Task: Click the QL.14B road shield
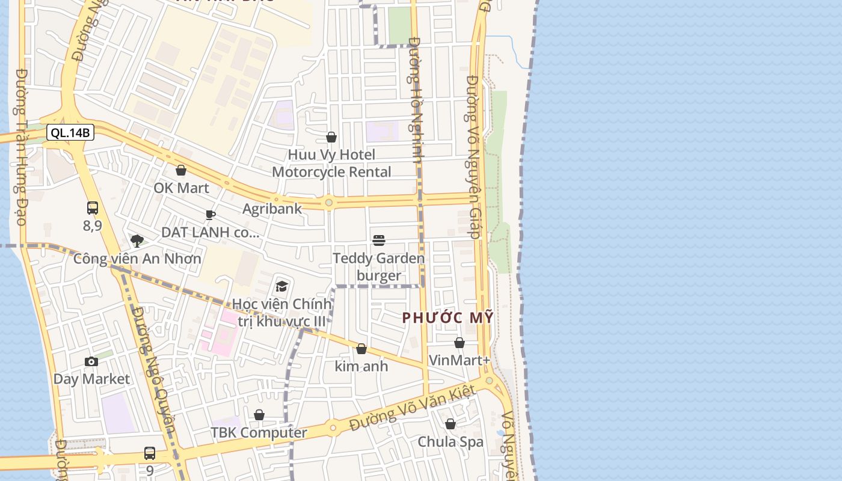coord(70,133)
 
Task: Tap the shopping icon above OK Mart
coord(181,170)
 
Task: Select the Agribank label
coord(272,209)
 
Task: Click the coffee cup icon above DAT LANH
coord(210,215)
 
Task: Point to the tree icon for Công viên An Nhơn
coord(137,241)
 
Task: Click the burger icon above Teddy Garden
coord(379,240)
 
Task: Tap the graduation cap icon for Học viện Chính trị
coord(281,286)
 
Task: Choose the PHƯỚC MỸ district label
coord(447,317)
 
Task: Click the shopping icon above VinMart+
coord(459,343)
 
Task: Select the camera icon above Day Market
coord(91,361)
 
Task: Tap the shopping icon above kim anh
coord(361,349)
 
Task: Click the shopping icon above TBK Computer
coord(259,415)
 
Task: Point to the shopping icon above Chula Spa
coord(450,424)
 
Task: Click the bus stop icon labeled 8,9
coord(93,208)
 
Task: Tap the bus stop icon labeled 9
coord(150,453)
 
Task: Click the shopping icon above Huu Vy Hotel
coord(331,138)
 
